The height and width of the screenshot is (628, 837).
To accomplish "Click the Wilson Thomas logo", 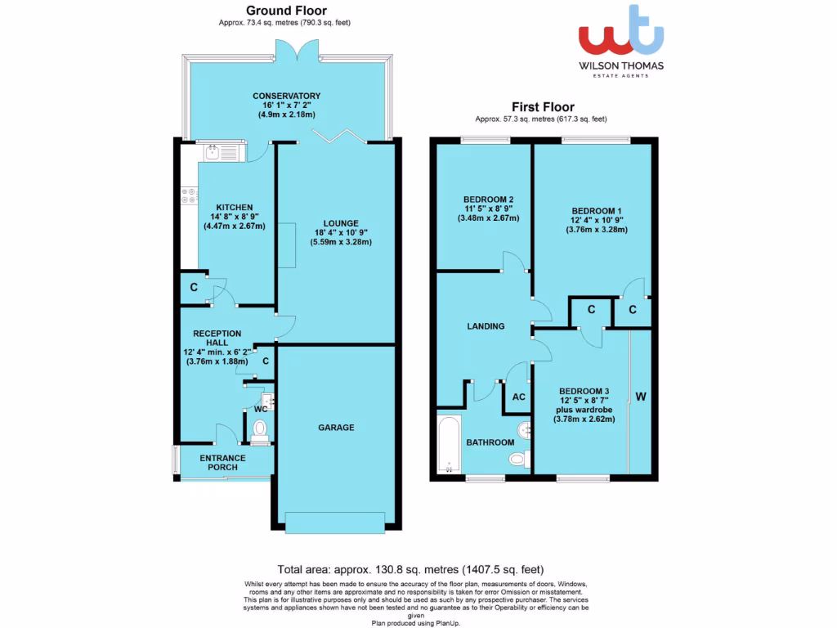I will [621, 41].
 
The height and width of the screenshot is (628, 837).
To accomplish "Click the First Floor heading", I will [543, 106].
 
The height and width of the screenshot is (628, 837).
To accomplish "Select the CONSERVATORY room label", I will [286, 96].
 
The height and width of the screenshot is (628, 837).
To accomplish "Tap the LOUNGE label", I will [339, 222].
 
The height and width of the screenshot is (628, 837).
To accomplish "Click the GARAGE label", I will [336, 428].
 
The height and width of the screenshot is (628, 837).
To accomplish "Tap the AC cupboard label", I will [518, 397].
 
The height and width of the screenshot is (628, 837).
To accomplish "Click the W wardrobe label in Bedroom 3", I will [641, 397].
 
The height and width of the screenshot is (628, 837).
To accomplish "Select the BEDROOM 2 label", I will [488, 200].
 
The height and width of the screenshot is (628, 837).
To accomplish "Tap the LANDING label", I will [486, 326].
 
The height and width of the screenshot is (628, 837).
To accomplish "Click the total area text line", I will [410, 569].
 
